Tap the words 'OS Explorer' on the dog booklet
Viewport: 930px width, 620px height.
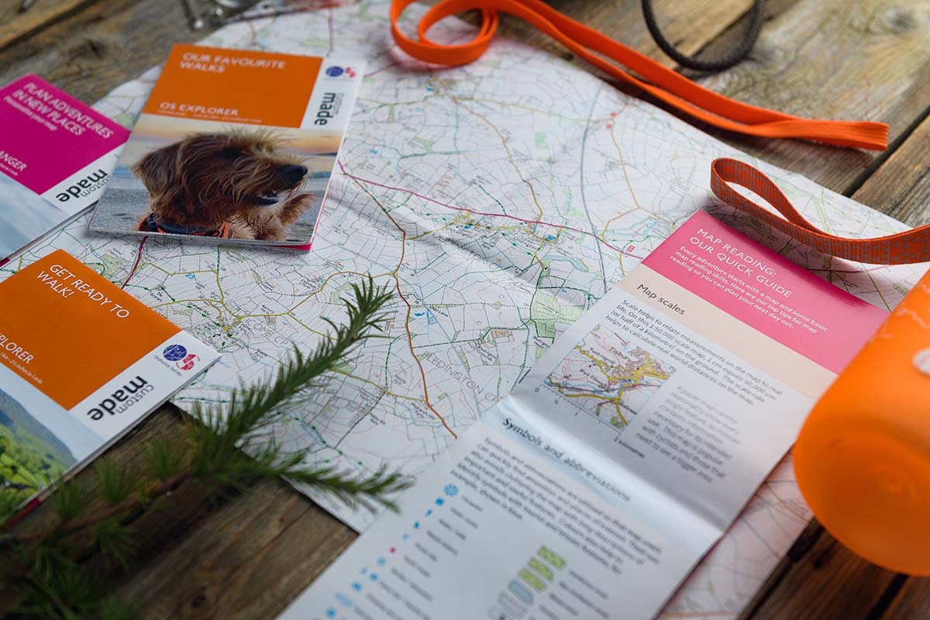(210, 111)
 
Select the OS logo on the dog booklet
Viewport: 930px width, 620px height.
(340, 72)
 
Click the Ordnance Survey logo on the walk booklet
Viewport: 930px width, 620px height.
(181, 356)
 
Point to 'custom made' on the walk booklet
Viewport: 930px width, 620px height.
(120, 398)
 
